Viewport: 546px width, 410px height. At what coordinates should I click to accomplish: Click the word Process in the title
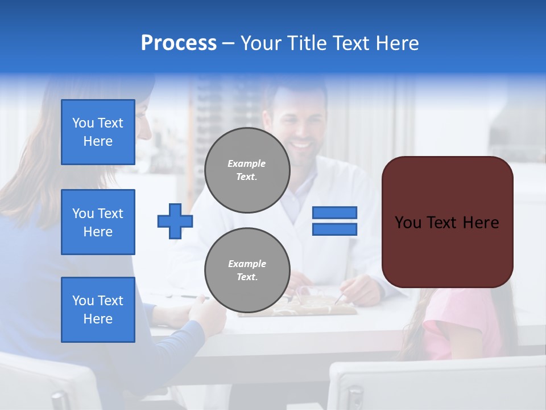click(179, 43)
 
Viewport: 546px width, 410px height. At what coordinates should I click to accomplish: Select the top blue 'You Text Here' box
click(98, 132)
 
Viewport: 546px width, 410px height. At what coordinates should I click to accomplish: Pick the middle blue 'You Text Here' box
click(98, 222)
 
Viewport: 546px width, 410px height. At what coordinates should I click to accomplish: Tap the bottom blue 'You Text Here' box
click(98, 310)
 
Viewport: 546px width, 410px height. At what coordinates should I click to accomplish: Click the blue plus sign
click(175, 221)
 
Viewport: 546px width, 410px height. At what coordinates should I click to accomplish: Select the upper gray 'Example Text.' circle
click(247, 170)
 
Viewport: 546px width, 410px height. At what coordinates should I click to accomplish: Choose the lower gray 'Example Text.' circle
click(247, 270)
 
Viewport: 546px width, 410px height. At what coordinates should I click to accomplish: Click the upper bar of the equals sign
click(334, 213)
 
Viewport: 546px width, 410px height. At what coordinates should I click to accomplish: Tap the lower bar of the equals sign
click(334, 229)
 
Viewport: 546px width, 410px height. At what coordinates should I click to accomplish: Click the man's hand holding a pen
click(358, 290)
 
